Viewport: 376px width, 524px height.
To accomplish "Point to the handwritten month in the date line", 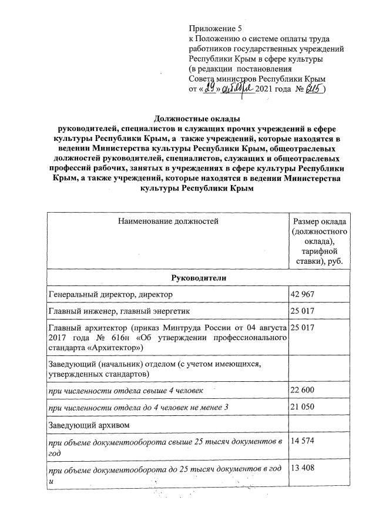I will [x=239, y=89].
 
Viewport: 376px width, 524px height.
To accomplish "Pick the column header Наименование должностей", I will [x=168, y=221].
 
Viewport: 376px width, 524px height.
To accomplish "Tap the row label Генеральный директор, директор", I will [x=111, y=294].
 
